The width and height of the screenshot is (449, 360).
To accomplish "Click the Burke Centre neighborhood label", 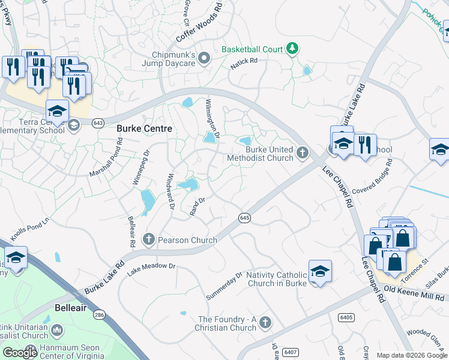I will pyautogui.click(x=144, y=128).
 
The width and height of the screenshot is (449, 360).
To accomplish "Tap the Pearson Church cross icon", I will pyautogui.click(x=149, y=240).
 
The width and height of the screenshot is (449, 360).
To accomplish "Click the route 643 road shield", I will pyautogui.click(x=98, y=122).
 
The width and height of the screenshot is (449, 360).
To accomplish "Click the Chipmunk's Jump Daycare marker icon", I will pyautogui.click(x=204, y=58).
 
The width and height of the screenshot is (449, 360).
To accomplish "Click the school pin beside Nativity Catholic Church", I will pyautogui.click(x=320, y=271).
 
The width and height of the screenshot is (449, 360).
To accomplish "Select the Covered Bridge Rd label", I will pyautogui.click(x=372, y=174).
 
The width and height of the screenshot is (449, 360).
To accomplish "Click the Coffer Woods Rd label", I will pyautogui.click(x=199, y=25).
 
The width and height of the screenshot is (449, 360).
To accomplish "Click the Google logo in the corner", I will pyautogui.click(x=20, y=353).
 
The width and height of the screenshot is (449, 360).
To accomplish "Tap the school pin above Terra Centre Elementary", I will pyautogui.click(x=57, y=110).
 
